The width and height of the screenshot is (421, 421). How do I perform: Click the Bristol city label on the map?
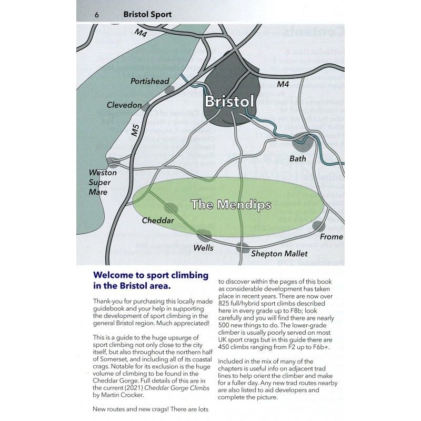[x=229, y=101]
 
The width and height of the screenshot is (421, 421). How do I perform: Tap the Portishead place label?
[x=150, y=81]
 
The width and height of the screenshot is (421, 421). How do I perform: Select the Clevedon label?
[x=124, y=105]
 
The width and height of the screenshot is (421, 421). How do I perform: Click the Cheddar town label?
[x=158, y=220]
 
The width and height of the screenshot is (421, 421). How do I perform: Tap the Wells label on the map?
[x=204, y=247]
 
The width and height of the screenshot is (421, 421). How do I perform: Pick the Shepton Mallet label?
[x=279, y=254]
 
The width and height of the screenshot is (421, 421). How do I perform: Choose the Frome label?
[x=331, y=237]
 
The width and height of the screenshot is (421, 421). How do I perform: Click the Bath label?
[x=298, y=158]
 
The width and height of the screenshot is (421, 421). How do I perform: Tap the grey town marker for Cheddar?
[x=172, y=209]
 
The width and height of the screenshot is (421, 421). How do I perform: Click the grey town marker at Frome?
[x=318, y=227]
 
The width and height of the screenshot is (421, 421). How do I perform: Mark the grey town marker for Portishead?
[x=169, y=90]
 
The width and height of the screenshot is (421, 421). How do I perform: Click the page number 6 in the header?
[x=96, y=14]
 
